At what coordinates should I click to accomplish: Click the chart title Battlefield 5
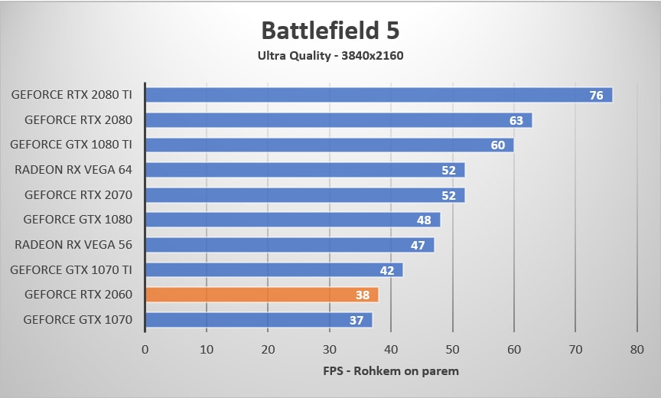pos(330,30)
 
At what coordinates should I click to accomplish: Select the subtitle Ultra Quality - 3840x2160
pos(330,55)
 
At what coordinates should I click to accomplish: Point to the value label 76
pos(597,95)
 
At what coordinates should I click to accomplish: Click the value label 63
pos(516,120)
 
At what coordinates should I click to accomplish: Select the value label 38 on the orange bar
pos(363,295)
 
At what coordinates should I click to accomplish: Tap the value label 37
pos(357,320)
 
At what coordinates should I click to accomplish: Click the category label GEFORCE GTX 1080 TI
pos(71,145)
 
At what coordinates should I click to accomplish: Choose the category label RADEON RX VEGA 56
pos(73,245)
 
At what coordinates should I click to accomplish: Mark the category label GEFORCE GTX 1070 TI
pos(71,269)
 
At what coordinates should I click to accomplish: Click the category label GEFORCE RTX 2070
pos(78,195)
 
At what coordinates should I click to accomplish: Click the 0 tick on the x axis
pos(145,349)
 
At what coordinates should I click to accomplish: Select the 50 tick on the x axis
pos(453,349)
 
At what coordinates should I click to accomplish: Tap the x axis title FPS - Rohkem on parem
pos(392,371)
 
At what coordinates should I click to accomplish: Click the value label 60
pos(497,145)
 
